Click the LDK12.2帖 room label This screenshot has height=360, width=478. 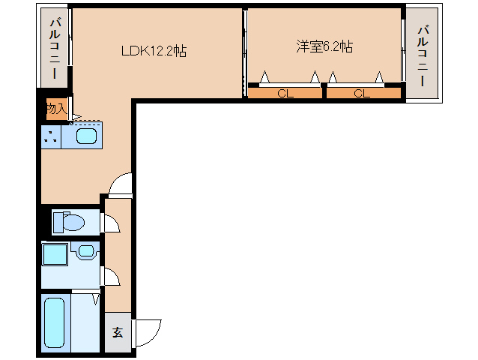pos(154,51)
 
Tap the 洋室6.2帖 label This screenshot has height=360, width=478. pos(324,46)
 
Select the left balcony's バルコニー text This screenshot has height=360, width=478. pos(54,50)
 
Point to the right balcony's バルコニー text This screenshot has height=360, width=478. pos(423,56)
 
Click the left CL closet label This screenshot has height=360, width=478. pos(284,94)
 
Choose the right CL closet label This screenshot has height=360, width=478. pos(362,94)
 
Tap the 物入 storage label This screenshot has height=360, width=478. pos(55,109)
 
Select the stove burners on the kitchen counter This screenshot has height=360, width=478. pos(51,137)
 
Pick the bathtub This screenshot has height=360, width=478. pos(54,322)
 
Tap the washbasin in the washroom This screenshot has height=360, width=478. pos(85,251)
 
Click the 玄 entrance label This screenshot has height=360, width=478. pos(118,332)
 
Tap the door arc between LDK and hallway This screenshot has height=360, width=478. pos(120,184)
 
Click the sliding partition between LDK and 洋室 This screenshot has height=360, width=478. pos(244,52)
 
